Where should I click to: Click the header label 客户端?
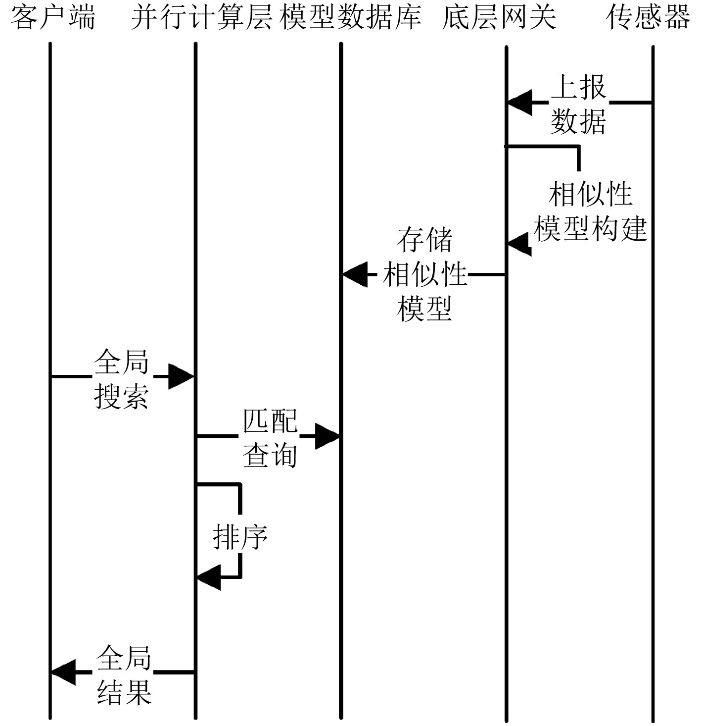(x=53, y=17)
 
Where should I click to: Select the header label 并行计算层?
(x=201, y=17)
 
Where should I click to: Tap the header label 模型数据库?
(x=350, y=17)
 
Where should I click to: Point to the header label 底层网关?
(x=499, y=17)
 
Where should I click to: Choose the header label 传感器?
(x=648, y=17)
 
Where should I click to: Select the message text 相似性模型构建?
(x=591, y=211)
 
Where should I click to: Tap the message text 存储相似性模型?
(x=425, y=274)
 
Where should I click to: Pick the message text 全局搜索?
(x=122, y=379)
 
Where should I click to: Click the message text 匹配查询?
(x=270, y=438)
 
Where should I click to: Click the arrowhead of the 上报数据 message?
(x=519, y=103)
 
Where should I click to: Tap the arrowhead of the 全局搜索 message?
(x=181, y=376)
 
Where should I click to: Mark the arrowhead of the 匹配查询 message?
(x=327, y=436)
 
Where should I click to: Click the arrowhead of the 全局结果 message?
(x=63, y=673)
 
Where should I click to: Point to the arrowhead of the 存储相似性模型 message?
(x=355, y=274)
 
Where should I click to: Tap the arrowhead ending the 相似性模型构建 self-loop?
(x=519, y=244)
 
